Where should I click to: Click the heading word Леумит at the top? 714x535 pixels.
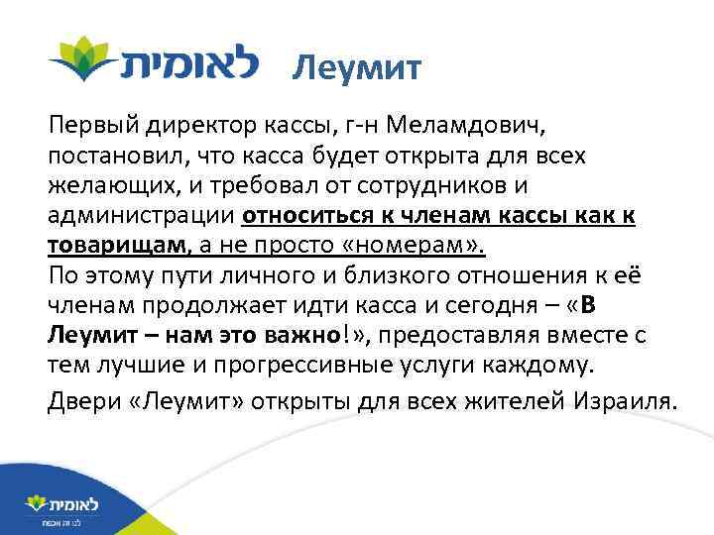click(x=358, y=68)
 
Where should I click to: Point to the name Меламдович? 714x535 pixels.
click(x=463, y=128)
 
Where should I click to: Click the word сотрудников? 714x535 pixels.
click(x=524, y=185)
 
